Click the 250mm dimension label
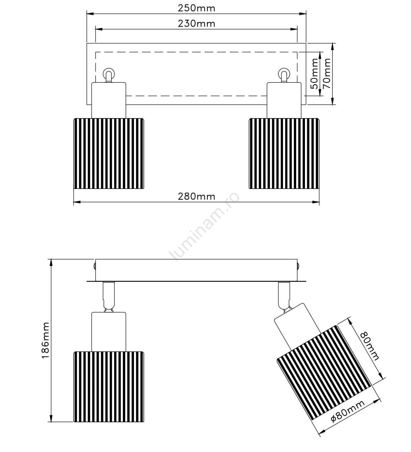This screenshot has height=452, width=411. tap(197, 8)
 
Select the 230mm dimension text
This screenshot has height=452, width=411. tap(197, 24)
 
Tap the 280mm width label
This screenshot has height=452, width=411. tap(197, 197)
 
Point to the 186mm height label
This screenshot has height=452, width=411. tap(46, 341)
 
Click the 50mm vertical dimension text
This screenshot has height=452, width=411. tap(314, 74)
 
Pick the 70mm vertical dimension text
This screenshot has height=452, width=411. tap(327, 74)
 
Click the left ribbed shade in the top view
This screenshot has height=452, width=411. tap(109, 153)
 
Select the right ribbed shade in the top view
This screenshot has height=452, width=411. tap(284, 153)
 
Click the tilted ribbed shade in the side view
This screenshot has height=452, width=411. tap(324, 373)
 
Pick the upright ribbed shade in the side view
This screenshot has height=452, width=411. tap(109, 386)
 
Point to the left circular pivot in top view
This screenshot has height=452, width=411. tap(109, 73)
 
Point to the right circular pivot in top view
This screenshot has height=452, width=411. tap(284, 73)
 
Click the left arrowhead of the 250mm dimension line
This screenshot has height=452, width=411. tap(90, 14)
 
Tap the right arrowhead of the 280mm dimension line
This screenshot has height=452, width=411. tap(316, 202)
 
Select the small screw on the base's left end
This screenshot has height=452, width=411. tap(95, 267)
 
